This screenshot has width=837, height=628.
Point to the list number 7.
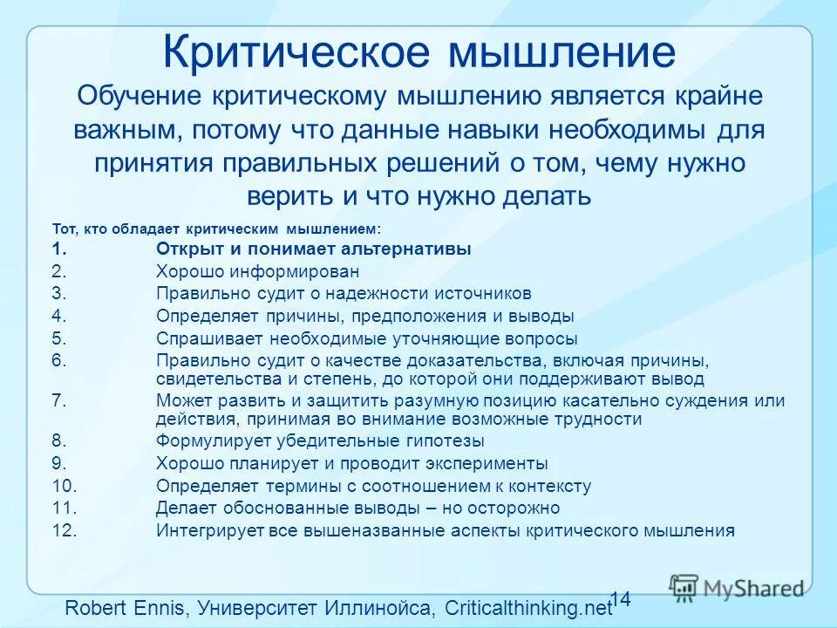pyautogui.click(x=58, y=401)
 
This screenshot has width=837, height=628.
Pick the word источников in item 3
pyautogui.click(x=487, y=294)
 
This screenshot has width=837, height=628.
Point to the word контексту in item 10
pyautogui.click(x=548, y=487)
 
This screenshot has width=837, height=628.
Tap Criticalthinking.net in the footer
pyautogui.click(x=528, y=608)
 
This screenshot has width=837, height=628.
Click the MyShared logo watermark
pyautogui.click(x=737, y=588)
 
